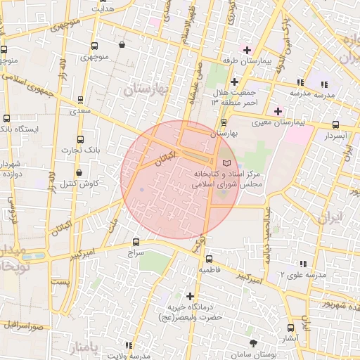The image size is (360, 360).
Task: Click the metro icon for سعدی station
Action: [79, 99]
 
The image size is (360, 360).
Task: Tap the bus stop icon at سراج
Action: [136, 242]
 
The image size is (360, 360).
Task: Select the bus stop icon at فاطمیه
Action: [199, 259]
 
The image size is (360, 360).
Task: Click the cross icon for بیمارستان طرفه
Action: [246, 50]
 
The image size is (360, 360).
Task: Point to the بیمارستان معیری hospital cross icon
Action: [278, 111]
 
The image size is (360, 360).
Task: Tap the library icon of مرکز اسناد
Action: [226, 163]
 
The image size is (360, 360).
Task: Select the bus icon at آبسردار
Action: [335, 125]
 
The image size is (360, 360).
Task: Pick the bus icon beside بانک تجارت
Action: [79, 139]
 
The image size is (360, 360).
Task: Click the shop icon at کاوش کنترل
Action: [79, 172]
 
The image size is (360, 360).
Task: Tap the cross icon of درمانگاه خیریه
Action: [189, 296]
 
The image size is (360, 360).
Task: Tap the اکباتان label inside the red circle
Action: [163, 153]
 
